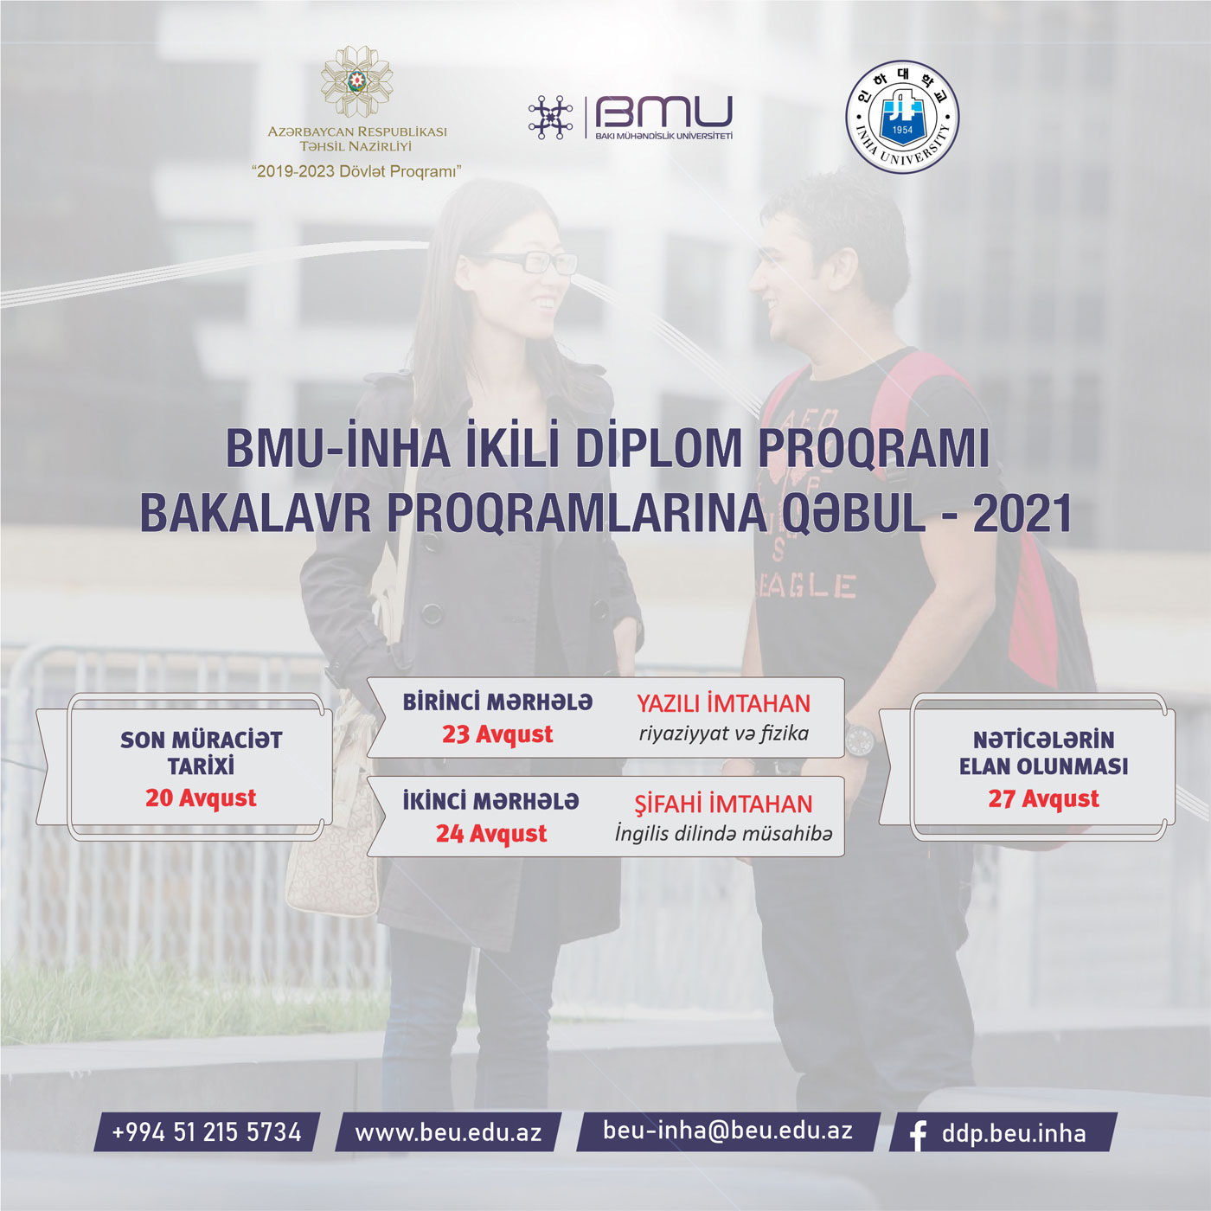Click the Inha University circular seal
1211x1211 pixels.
902,117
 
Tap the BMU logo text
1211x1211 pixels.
663,112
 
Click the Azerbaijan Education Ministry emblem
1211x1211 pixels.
356,81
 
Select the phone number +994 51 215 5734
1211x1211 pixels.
207,1131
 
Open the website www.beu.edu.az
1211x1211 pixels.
448,1131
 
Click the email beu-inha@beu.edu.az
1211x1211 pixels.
727,1130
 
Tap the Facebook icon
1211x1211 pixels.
918,1134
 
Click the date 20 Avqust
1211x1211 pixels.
201,798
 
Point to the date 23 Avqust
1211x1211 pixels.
497,734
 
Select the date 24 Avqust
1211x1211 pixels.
491,834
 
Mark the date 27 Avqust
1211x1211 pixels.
1043,798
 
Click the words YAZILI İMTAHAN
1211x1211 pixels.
723,704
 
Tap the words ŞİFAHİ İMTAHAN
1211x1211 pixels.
723,804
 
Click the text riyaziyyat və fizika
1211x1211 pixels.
723,734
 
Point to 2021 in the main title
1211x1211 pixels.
1022,514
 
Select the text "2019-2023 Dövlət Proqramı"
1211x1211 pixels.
356,171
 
